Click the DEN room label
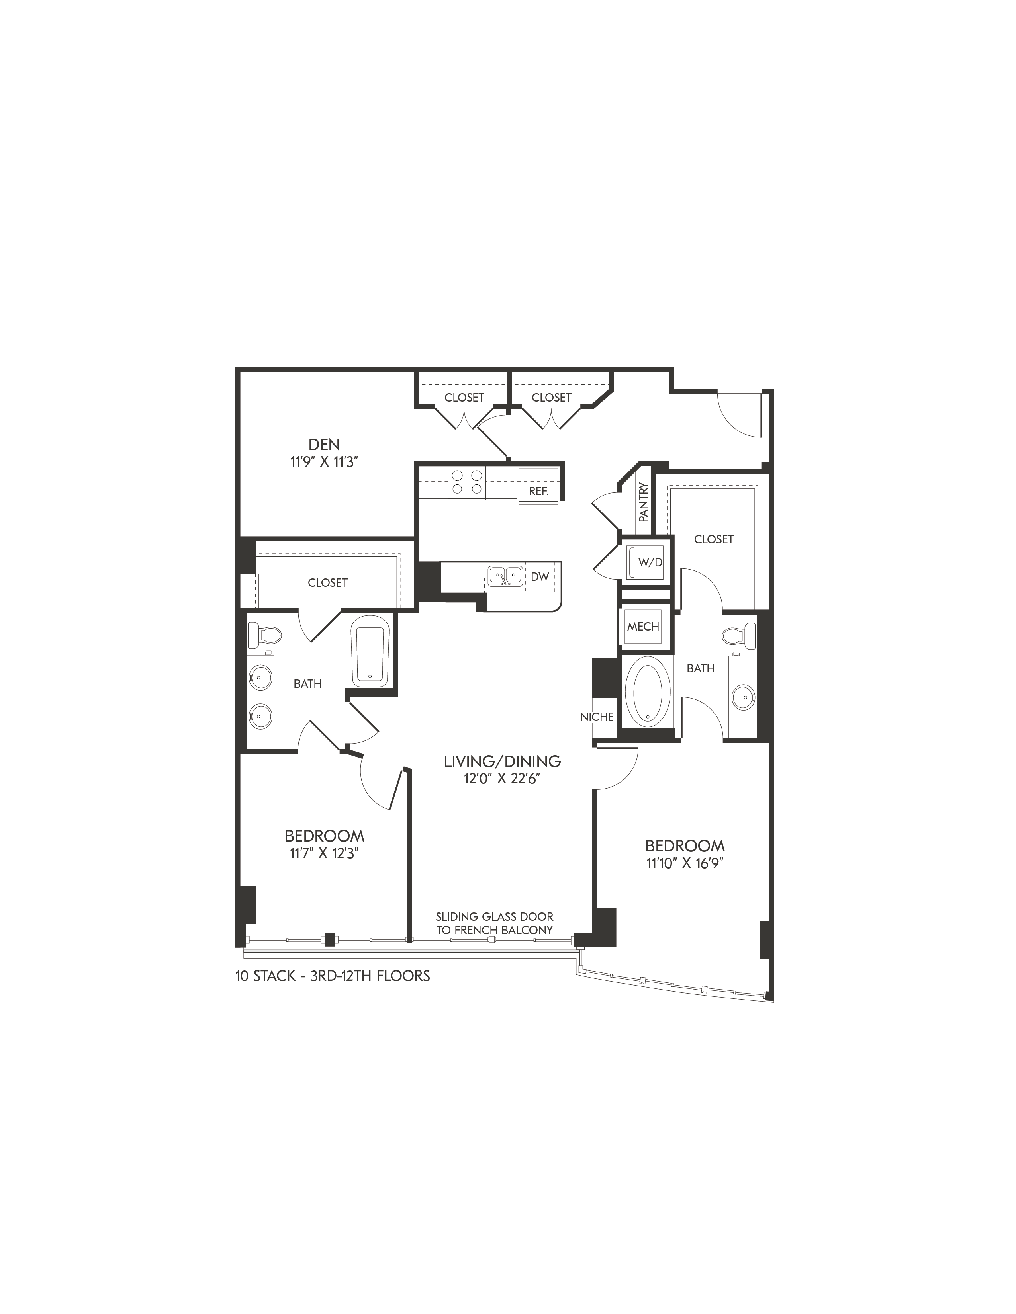(324, 445)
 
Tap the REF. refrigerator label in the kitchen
(539, 491)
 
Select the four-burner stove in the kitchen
(466, 483)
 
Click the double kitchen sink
(504, 575)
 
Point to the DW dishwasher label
(540, 576)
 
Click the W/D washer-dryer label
(650, 562)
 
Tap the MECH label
(643, 626)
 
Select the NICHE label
(597, 717)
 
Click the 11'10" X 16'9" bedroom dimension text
(684, 863)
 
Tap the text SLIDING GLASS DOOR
(495, 916)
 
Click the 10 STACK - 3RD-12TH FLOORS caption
(333, 975)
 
